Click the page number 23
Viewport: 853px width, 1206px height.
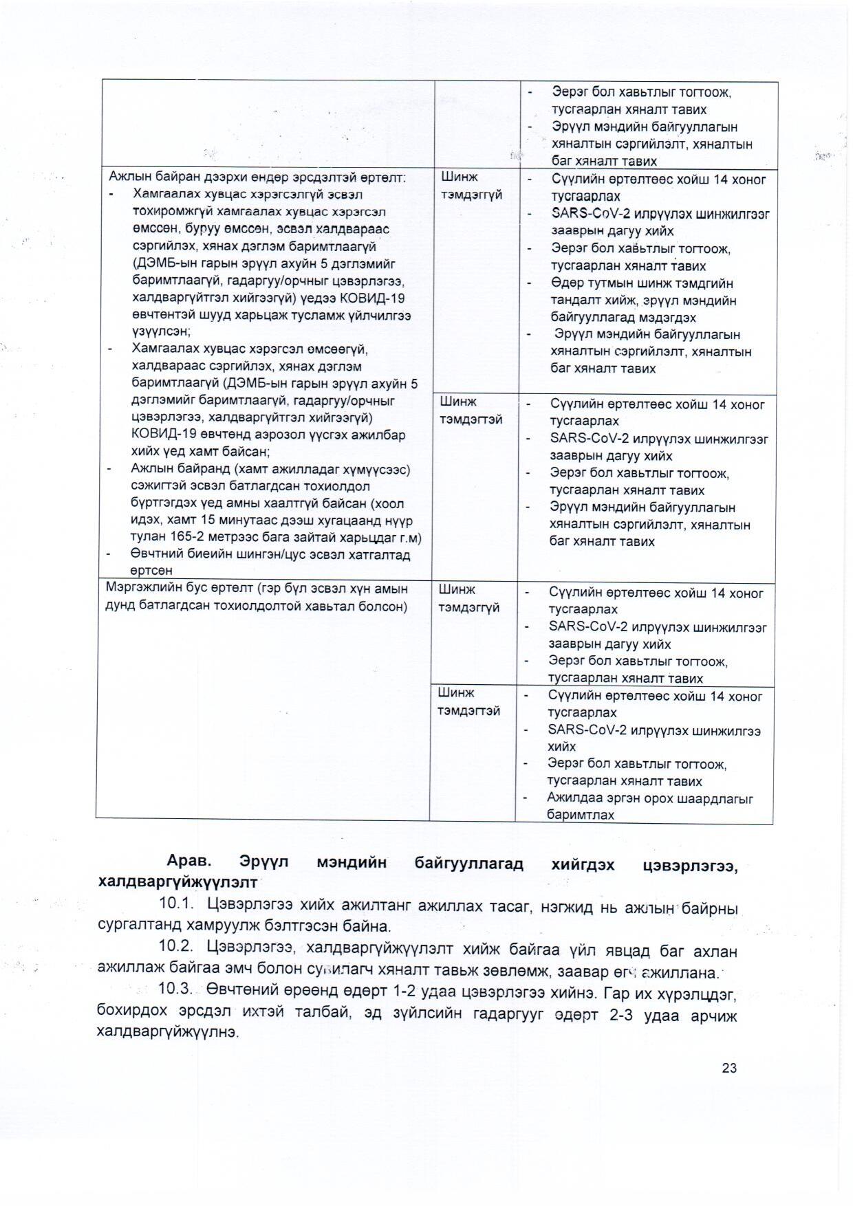click(x=729, y=1068)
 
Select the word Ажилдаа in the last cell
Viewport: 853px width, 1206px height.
click(x=570, y=798)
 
